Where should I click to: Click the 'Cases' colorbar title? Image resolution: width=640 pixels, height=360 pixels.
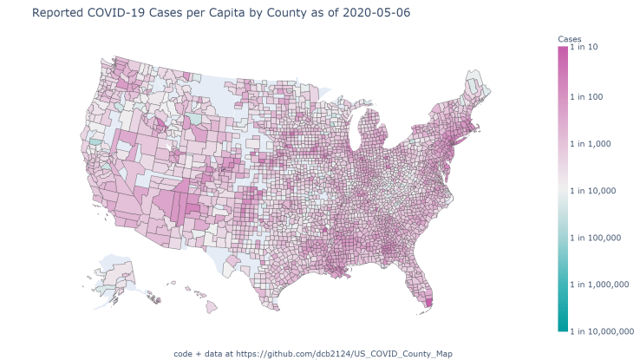(568, 39)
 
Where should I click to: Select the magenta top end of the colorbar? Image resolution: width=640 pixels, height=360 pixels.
(563, 50)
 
